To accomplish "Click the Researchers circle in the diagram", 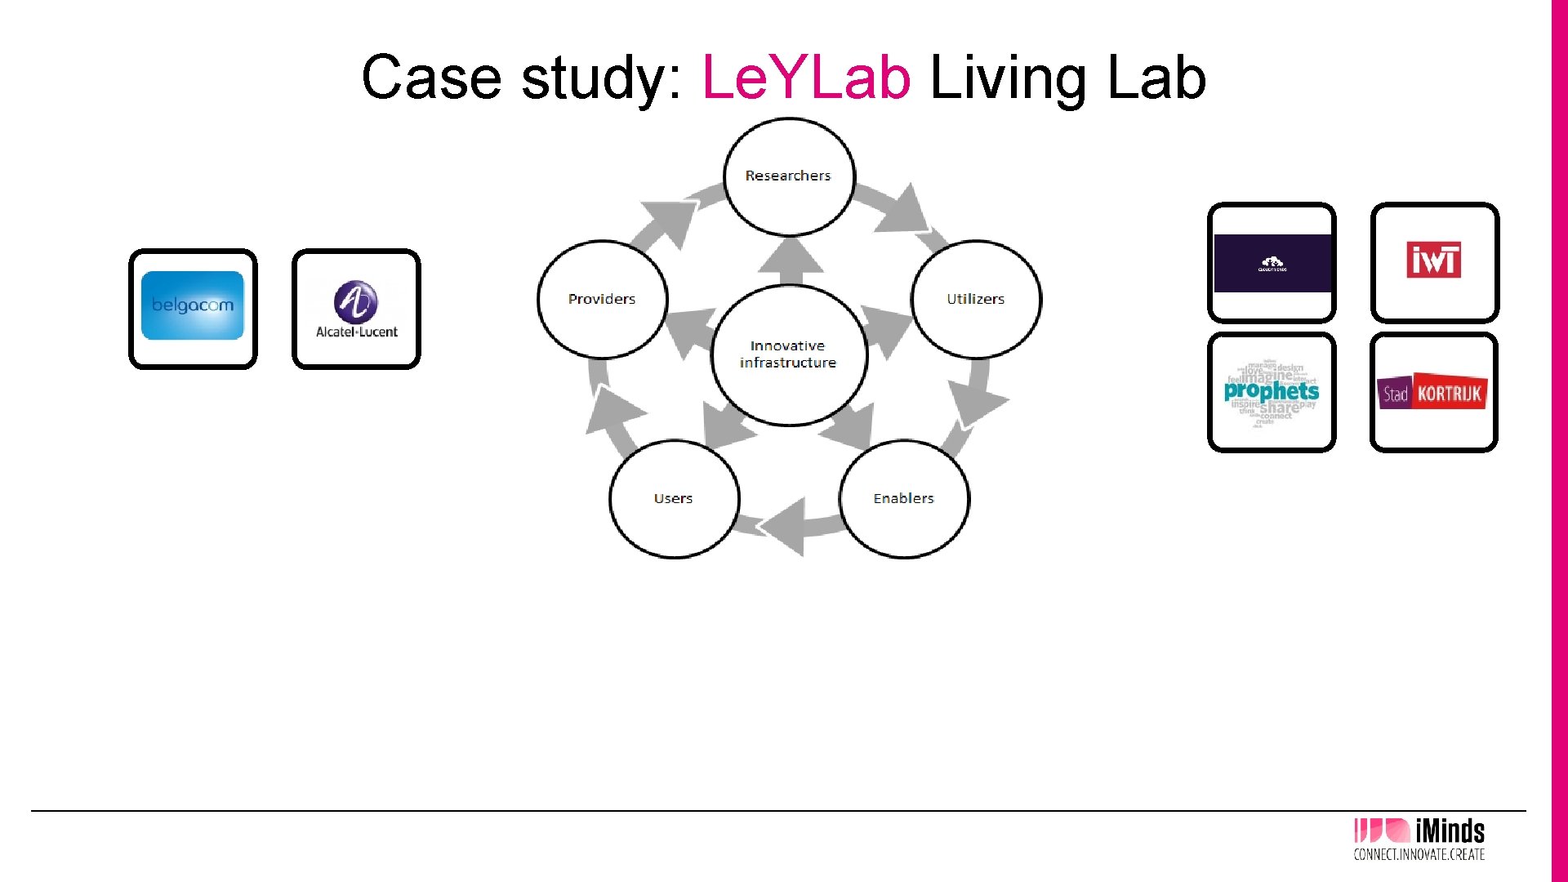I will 788,176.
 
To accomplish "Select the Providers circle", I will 602,299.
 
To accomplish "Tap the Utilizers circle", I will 975,299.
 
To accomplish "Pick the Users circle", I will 673,498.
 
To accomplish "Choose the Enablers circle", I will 903,498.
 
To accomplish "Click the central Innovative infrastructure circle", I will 788,354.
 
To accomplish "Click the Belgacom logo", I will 193,305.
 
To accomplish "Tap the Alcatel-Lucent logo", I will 356,309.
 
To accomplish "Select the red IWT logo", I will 1433,261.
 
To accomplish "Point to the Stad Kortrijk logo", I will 1432,393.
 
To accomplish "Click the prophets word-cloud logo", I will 1271,392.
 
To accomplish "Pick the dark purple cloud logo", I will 1272,263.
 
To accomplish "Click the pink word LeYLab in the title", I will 805,78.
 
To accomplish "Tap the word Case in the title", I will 431,78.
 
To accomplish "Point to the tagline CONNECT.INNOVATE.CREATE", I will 1419,855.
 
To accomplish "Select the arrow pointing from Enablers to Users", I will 788,527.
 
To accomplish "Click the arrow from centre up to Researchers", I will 790,257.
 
